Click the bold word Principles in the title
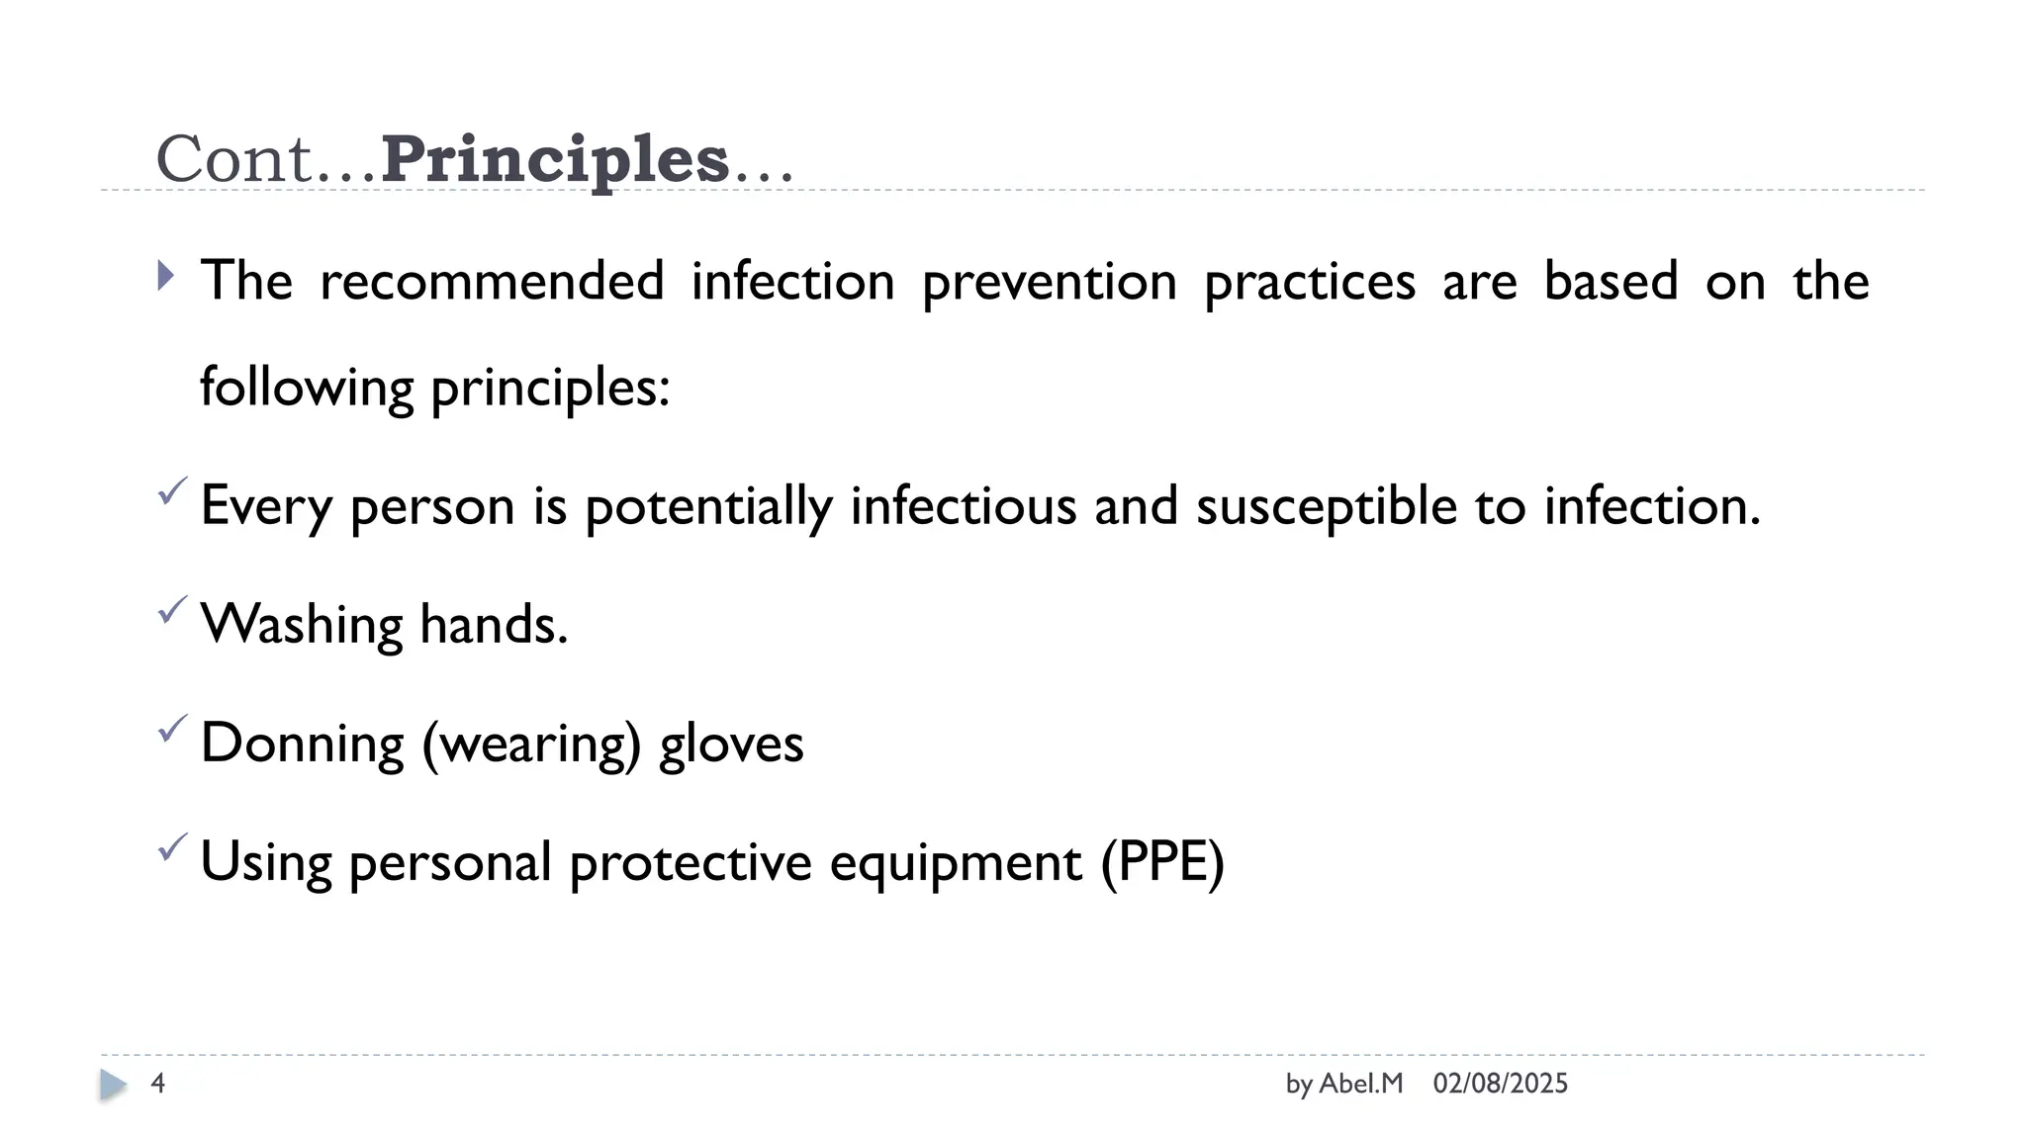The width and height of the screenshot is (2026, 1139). click(556, 159)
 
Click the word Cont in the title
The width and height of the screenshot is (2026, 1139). click(233, 159)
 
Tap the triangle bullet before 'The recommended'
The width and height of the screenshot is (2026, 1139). click(165, 276)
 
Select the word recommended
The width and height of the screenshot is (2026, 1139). click(492, 281)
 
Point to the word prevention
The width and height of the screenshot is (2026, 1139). click(1050, 283)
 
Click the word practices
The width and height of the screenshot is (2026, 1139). click(1310, 283)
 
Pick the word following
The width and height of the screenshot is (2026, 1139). click(307, 388)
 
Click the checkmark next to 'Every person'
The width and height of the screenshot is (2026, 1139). click(172, 490)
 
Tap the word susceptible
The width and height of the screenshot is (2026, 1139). click(1327, 507)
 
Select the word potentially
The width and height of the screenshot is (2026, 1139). click(708, 507)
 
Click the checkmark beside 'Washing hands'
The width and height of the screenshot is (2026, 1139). click(172, 609)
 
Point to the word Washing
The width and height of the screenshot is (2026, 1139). click(302, 626)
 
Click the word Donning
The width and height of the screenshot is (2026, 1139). click(302, 745)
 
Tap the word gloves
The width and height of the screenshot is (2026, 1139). click(731, 745)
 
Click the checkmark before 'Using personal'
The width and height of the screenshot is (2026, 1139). click(172, 846)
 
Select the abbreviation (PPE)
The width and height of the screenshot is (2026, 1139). click(1162, 862)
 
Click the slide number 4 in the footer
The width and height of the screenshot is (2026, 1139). click(157, 1084)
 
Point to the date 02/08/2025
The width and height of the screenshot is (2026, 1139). click(1500, 1084)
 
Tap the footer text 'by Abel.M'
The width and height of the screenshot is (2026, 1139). click(1344, 1084)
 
